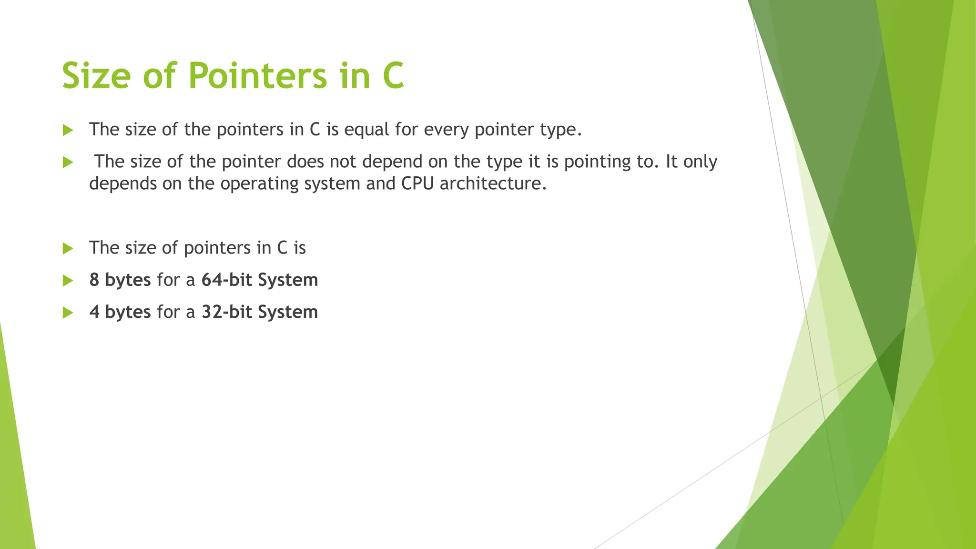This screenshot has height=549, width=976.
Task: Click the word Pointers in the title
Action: pos(258,76)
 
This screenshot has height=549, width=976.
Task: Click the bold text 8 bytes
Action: pos(120,280)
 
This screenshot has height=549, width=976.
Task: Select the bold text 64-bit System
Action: pos(260,280)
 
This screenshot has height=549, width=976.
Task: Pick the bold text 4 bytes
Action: pos(120,312)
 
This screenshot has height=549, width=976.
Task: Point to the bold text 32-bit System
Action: pos(260,312)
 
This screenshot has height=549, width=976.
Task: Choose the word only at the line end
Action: pos(700,162)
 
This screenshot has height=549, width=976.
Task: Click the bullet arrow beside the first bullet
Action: pos(68,130)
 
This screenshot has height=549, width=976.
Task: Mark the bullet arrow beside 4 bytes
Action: pos(68,313)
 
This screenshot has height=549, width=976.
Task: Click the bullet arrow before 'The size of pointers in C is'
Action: pos(68,248)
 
